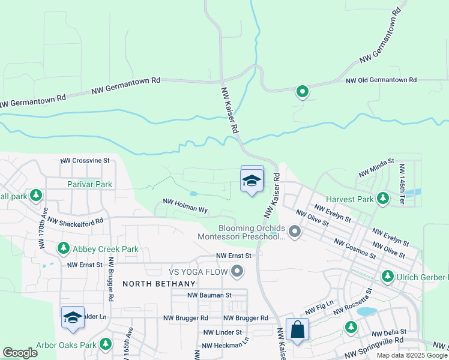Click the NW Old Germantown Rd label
[381, 80]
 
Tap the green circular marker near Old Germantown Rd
[303, 92]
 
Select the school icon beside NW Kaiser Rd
[252, 180]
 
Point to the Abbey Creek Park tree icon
[63, 248]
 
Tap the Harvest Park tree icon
[382, 199]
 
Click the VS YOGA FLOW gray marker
[237, 272]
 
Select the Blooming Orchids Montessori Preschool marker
[294, 231]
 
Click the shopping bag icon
[297, 330]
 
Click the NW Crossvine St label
[85, 161]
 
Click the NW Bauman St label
[209, 295]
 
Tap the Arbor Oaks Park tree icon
[106, 344]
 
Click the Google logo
[20, 353]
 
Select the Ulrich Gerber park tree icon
[388, 276]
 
